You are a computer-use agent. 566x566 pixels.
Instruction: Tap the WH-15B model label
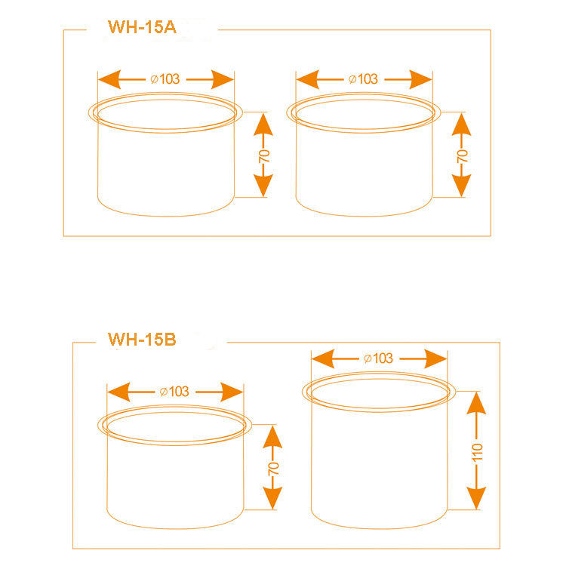142,339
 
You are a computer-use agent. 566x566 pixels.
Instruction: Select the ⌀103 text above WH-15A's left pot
166,78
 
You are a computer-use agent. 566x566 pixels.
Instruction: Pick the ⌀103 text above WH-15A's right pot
364,78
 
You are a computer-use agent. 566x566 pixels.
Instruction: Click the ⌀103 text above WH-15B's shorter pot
174,391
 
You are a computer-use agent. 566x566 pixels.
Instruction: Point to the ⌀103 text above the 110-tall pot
378,358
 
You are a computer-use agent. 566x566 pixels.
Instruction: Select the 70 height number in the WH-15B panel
273,467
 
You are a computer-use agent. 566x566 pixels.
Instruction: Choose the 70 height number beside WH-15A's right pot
463,156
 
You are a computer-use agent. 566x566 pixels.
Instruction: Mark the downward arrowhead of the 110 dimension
475,498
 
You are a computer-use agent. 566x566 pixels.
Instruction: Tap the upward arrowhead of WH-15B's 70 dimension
272,435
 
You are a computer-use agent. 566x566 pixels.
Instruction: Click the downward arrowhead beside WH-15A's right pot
461,186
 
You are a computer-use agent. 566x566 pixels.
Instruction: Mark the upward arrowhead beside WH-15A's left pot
263,123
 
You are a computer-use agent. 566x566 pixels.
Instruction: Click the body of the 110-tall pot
377,460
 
